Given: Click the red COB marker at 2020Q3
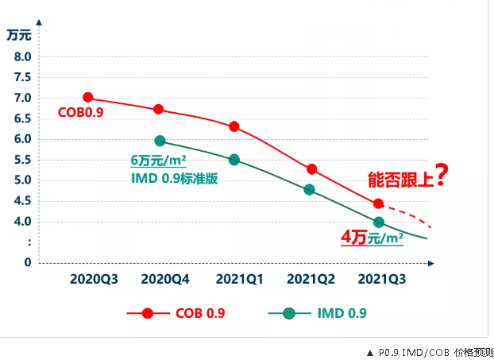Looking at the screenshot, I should pos(87,98).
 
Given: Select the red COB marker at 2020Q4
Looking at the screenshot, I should pos(158,110).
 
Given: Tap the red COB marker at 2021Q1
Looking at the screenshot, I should pos(234,126).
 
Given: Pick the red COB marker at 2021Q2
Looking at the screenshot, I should pos(311,169).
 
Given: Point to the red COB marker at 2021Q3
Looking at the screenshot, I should pos(378,203).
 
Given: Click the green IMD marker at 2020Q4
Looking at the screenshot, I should pos(160,141).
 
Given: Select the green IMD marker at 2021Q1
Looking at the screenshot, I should pos(234,160).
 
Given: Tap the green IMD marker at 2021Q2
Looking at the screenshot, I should pos(309,190).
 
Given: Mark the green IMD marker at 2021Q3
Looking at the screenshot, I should pos(379,223).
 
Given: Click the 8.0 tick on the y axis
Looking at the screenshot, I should pos(21,57).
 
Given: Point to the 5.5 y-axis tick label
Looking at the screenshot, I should pos(21,160).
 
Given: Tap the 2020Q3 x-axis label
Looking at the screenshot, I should pos(93,279).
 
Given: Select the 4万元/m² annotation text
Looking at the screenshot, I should pos(372,238).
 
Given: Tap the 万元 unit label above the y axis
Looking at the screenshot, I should pos(19,35).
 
